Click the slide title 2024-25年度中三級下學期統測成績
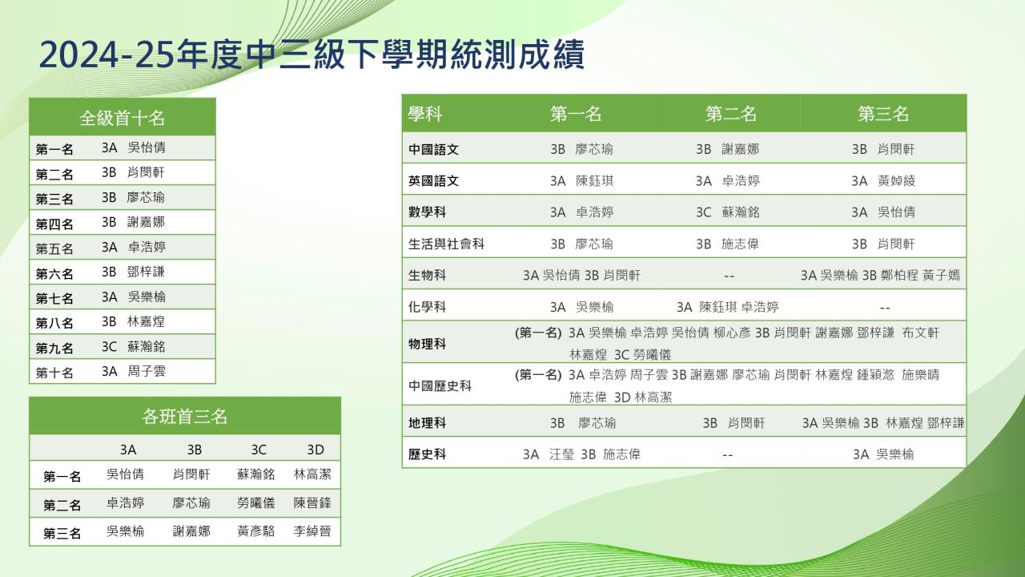(312, 54)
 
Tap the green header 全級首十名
(123, 118)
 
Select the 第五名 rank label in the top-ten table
(54, 248)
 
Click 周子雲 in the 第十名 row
(147, 371)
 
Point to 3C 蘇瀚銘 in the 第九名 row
(133, 346)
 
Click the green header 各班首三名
(185, 416)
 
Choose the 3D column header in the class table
(316, 450)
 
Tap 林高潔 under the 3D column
(312, 474)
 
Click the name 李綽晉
(312, 531)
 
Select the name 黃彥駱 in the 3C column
(255, 531)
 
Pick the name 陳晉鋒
(312, 502)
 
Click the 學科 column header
(425, 114)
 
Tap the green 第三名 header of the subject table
(883, 114)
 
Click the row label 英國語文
(433, 181)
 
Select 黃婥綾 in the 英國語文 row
(896, 181)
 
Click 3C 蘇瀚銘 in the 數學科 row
(728, 212)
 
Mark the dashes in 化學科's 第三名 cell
(885, 308)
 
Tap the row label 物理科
(427, 344)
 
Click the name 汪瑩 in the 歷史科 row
(561, 454)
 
